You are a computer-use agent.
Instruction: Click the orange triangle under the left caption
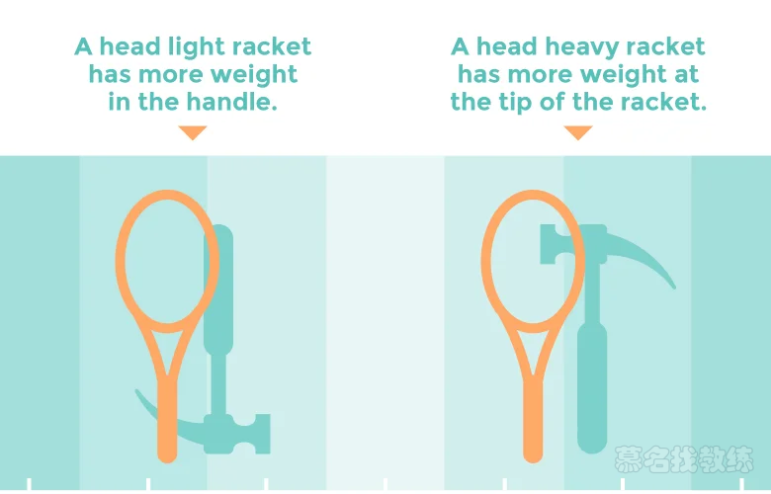[193, 132]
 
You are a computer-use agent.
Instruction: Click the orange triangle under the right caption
[577, 132]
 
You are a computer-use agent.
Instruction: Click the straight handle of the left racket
[167, 425]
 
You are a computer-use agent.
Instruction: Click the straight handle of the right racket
[533, 425]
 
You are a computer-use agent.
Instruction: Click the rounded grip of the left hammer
[218, 296]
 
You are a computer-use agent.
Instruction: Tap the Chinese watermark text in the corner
[684, 460]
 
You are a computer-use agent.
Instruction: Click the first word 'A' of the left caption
[83, 46]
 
